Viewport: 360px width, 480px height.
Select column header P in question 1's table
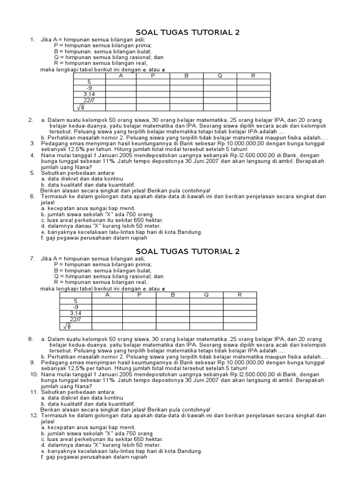153,75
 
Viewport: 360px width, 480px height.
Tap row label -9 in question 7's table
75,307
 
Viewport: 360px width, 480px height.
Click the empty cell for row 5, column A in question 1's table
121,82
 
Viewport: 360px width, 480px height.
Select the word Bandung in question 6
192,232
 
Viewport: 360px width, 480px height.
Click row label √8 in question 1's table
81,107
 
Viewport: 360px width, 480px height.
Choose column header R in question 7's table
240,294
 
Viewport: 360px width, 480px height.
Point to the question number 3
32,143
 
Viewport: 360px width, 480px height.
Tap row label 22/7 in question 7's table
75,319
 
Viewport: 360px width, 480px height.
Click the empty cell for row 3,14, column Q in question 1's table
220,94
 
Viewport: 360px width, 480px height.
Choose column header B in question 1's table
186,75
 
